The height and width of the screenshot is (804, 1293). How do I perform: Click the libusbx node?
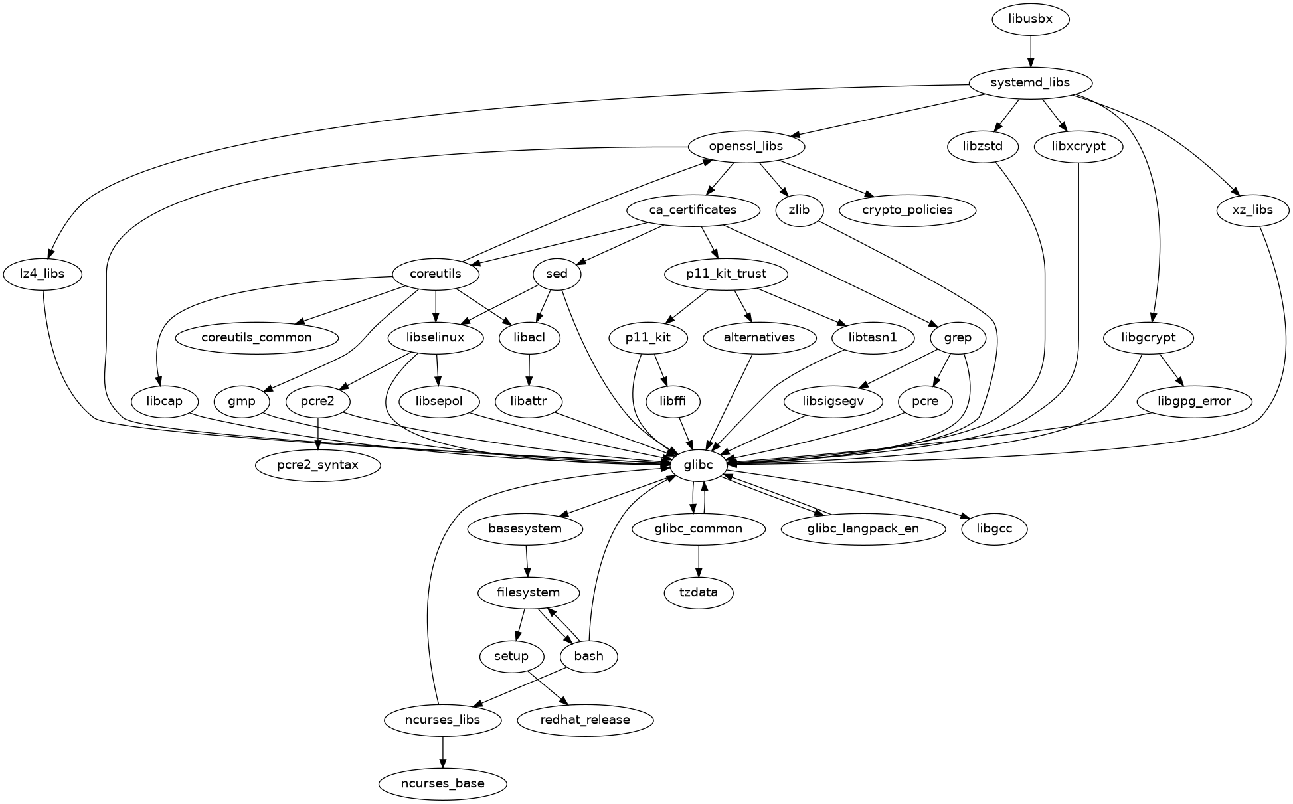(x=1030, y=19)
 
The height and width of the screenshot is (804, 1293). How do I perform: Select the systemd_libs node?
(x=1030, y=83)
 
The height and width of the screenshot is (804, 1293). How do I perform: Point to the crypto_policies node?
(x=908, y=210)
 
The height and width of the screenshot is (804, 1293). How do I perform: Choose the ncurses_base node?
(x=442, y=784)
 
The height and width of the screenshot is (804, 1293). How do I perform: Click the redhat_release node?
(x=585, y=720)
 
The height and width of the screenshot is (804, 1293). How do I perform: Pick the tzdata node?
(x=699, y=593)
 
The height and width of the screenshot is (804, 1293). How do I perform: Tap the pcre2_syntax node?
(x=318, y=465)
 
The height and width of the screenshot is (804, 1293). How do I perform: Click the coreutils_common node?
(x=256, y=338)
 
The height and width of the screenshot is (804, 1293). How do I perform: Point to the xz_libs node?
(x=1252, y=210)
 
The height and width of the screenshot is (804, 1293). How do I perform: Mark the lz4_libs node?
(x=43, y=274)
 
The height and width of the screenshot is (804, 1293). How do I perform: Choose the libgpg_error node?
(x=1194, y=402)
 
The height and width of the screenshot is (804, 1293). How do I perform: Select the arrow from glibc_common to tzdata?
(x=699, y=561)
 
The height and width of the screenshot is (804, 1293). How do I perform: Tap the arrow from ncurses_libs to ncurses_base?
(x=442, y=752)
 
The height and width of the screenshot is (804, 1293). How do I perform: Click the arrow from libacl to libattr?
(x=529, y=370)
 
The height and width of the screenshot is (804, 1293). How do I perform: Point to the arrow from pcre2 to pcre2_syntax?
(x=319, y=434)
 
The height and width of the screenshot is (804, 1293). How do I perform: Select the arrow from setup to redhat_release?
(x=547, y=688)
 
